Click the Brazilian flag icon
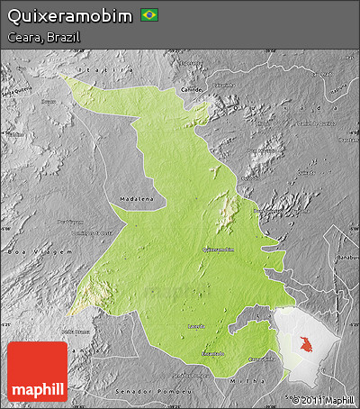click(x=149, y=15)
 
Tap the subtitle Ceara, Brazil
click(x=42, y=38)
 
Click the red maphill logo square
click(x=37, y=371)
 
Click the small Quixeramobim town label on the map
click(x=219, y=250)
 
